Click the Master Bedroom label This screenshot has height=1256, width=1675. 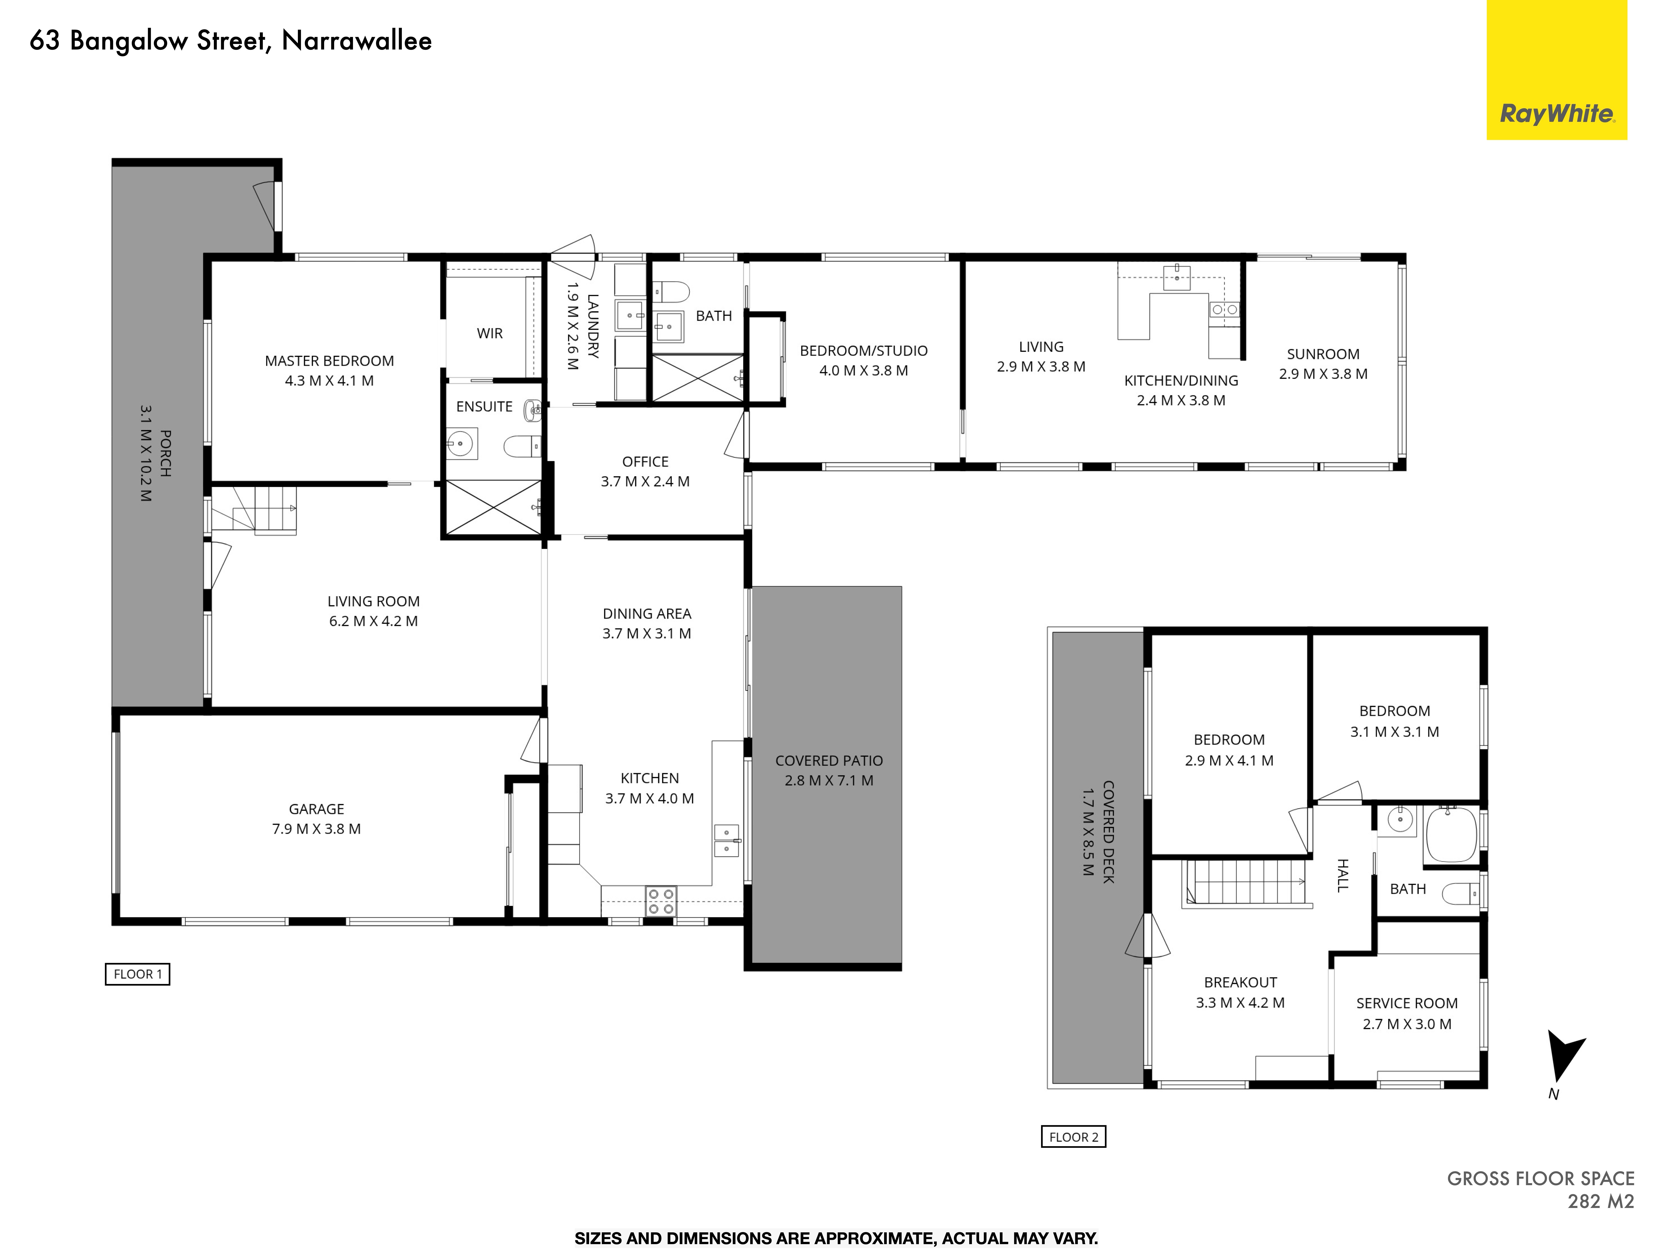[x=329, y=361]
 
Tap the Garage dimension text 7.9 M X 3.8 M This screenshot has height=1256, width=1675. [x=317, y=829]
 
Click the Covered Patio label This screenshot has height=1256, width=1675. [x=829, y=761]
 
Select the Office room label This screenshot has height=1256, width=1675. [x=645, y=462]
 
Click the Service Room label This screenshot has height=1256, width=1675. [x=1407, y=1003]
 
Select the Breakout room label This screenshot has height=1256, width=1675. [x=1240, y=983]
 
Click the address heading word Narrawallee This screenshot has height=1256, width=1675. [x=357, y=41]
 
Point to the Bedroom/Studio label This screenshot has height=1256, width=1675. [x=864, y=350]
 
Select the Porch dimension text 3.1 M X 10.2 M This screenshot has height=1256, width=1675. [x=145, y=453]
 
